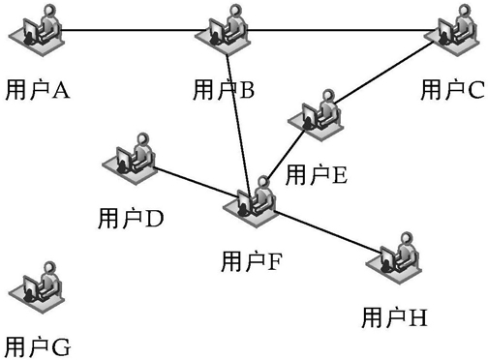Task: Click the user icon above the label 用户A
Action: [37, 30]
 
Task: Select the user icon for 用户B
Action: [223, 30]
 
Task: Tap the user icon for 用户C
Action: [451, 30]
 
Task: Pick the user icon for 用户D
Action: [130, 159]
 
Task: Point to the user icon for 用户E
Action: [316, 115]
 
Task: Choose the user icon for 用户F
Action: [251, 202]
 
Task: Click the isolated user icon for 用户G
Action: [37, 287]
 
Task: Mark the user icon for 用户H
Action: [394, 258]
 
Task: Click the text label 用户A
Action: [38, 90]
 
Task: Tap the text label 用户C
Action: [452, 90]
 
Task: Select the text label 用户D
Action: [131, 219]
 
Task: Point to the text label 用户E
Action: [317, 175]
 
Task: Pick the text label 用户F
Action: [252, 261]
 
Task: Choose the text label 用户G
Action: [38, 347]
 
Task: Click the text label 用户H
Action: [394, 317]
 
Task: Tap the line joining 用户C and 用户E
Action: [383, 73]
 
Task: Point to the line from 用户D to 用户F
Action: [197, 181]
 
